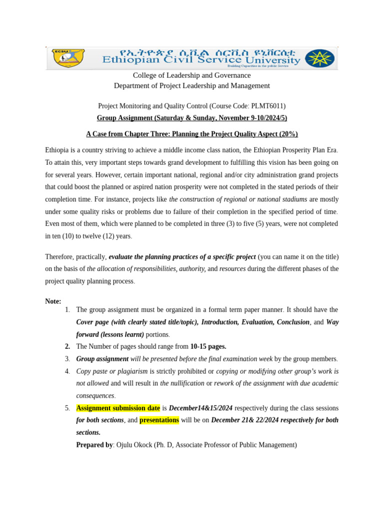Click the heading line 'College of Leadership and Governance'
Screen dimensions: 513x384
191,75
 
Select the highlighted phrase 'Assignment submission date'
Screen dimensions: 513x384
118,407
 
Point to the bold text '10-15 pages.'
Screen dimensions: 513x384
208,346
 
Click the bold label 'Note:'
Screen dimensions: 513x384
53,301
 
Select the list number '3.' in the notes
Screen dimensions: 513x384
67,359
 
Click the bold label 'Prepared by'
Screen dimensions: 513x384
94,444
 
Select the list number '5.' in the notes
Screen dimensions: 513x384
67,407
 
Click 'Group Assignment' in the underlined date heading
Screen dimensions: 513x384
124,118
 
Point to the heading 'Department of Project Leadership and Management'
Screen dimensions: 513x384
191,86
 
